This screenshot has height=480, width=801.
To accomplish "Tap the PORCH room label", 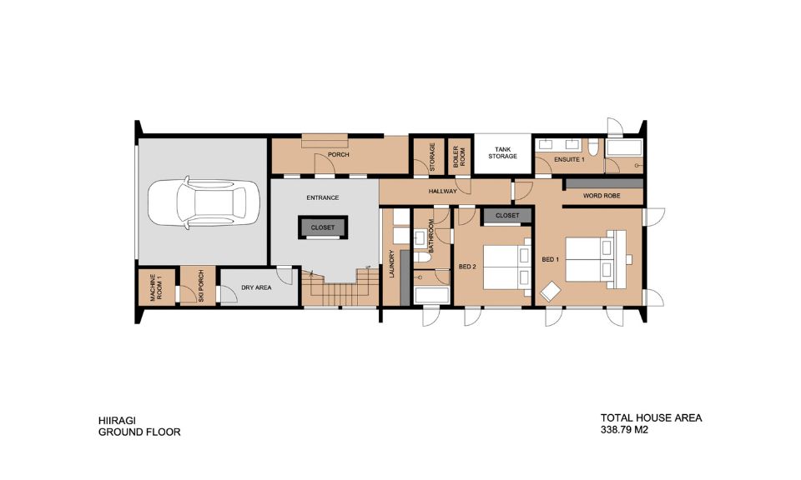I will tap(338, 155).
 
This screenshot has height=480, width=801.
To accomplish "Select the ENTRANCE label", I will tap(323, 197).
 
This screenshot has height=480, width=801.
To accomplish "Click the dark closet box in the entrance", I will tap(323, 227).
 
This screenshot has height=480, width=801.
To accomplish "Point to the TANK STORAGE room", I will tap(502, 152).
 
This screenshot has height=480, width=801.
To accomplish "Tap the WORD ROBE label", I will tap(603, 197).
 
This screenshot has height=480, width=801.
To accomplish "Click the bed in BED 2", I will tap(501, 267).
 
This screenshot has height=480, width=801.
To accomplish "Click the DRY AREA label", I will tap(256, 287).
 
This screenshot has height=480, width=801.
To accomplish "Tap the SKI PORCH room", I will tap(199, 287).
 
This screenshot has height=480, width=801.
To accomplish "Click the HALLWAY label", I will tap(443, 192).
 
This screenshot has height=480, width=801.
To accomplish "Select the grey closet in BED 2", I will tap(506, 216).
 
